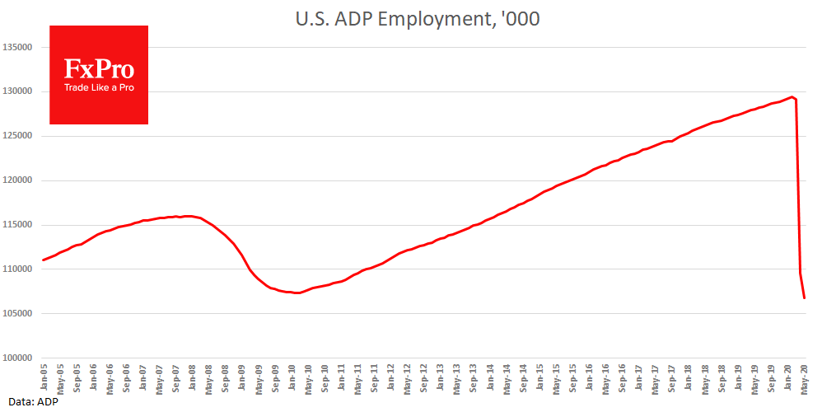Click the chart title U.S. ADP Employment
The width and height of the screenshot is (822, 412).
point(417,19)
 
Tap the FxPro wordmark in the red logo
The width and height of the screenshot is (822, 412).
point(99,68)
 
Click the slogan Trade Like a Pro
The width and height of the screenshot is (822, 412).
point(99,87)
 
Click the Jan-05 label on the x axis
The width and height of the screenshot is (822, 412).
point(44,377)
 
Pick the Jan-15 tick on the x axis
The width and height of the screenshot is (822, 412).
point(540,377)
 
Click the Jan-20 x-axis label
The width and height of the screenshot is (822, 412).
point(788,377)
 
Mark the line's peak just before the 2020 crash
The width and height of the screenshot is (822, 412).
point(791,97)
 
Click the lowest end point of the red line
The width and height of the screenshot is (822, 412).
point(805,298)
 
